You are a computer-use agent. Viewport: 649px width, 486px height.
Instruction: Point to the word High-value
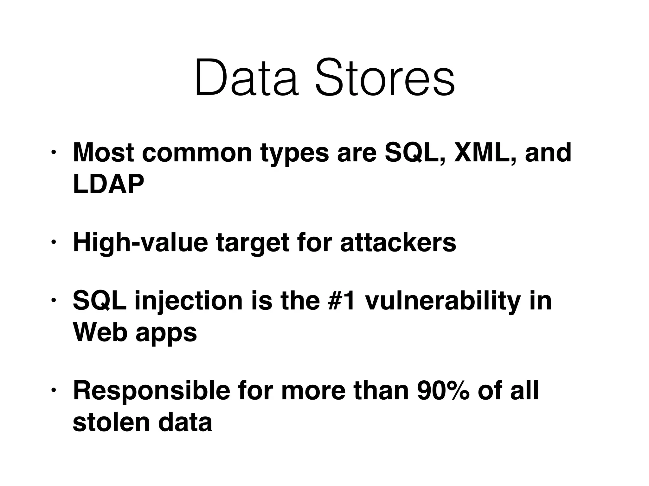[140, 243]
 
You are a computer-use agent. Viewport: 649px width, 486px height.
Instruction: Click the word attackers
[398, 243]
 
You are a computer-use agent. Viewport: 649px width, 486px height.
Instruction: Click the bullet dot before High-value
[54, 242]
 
